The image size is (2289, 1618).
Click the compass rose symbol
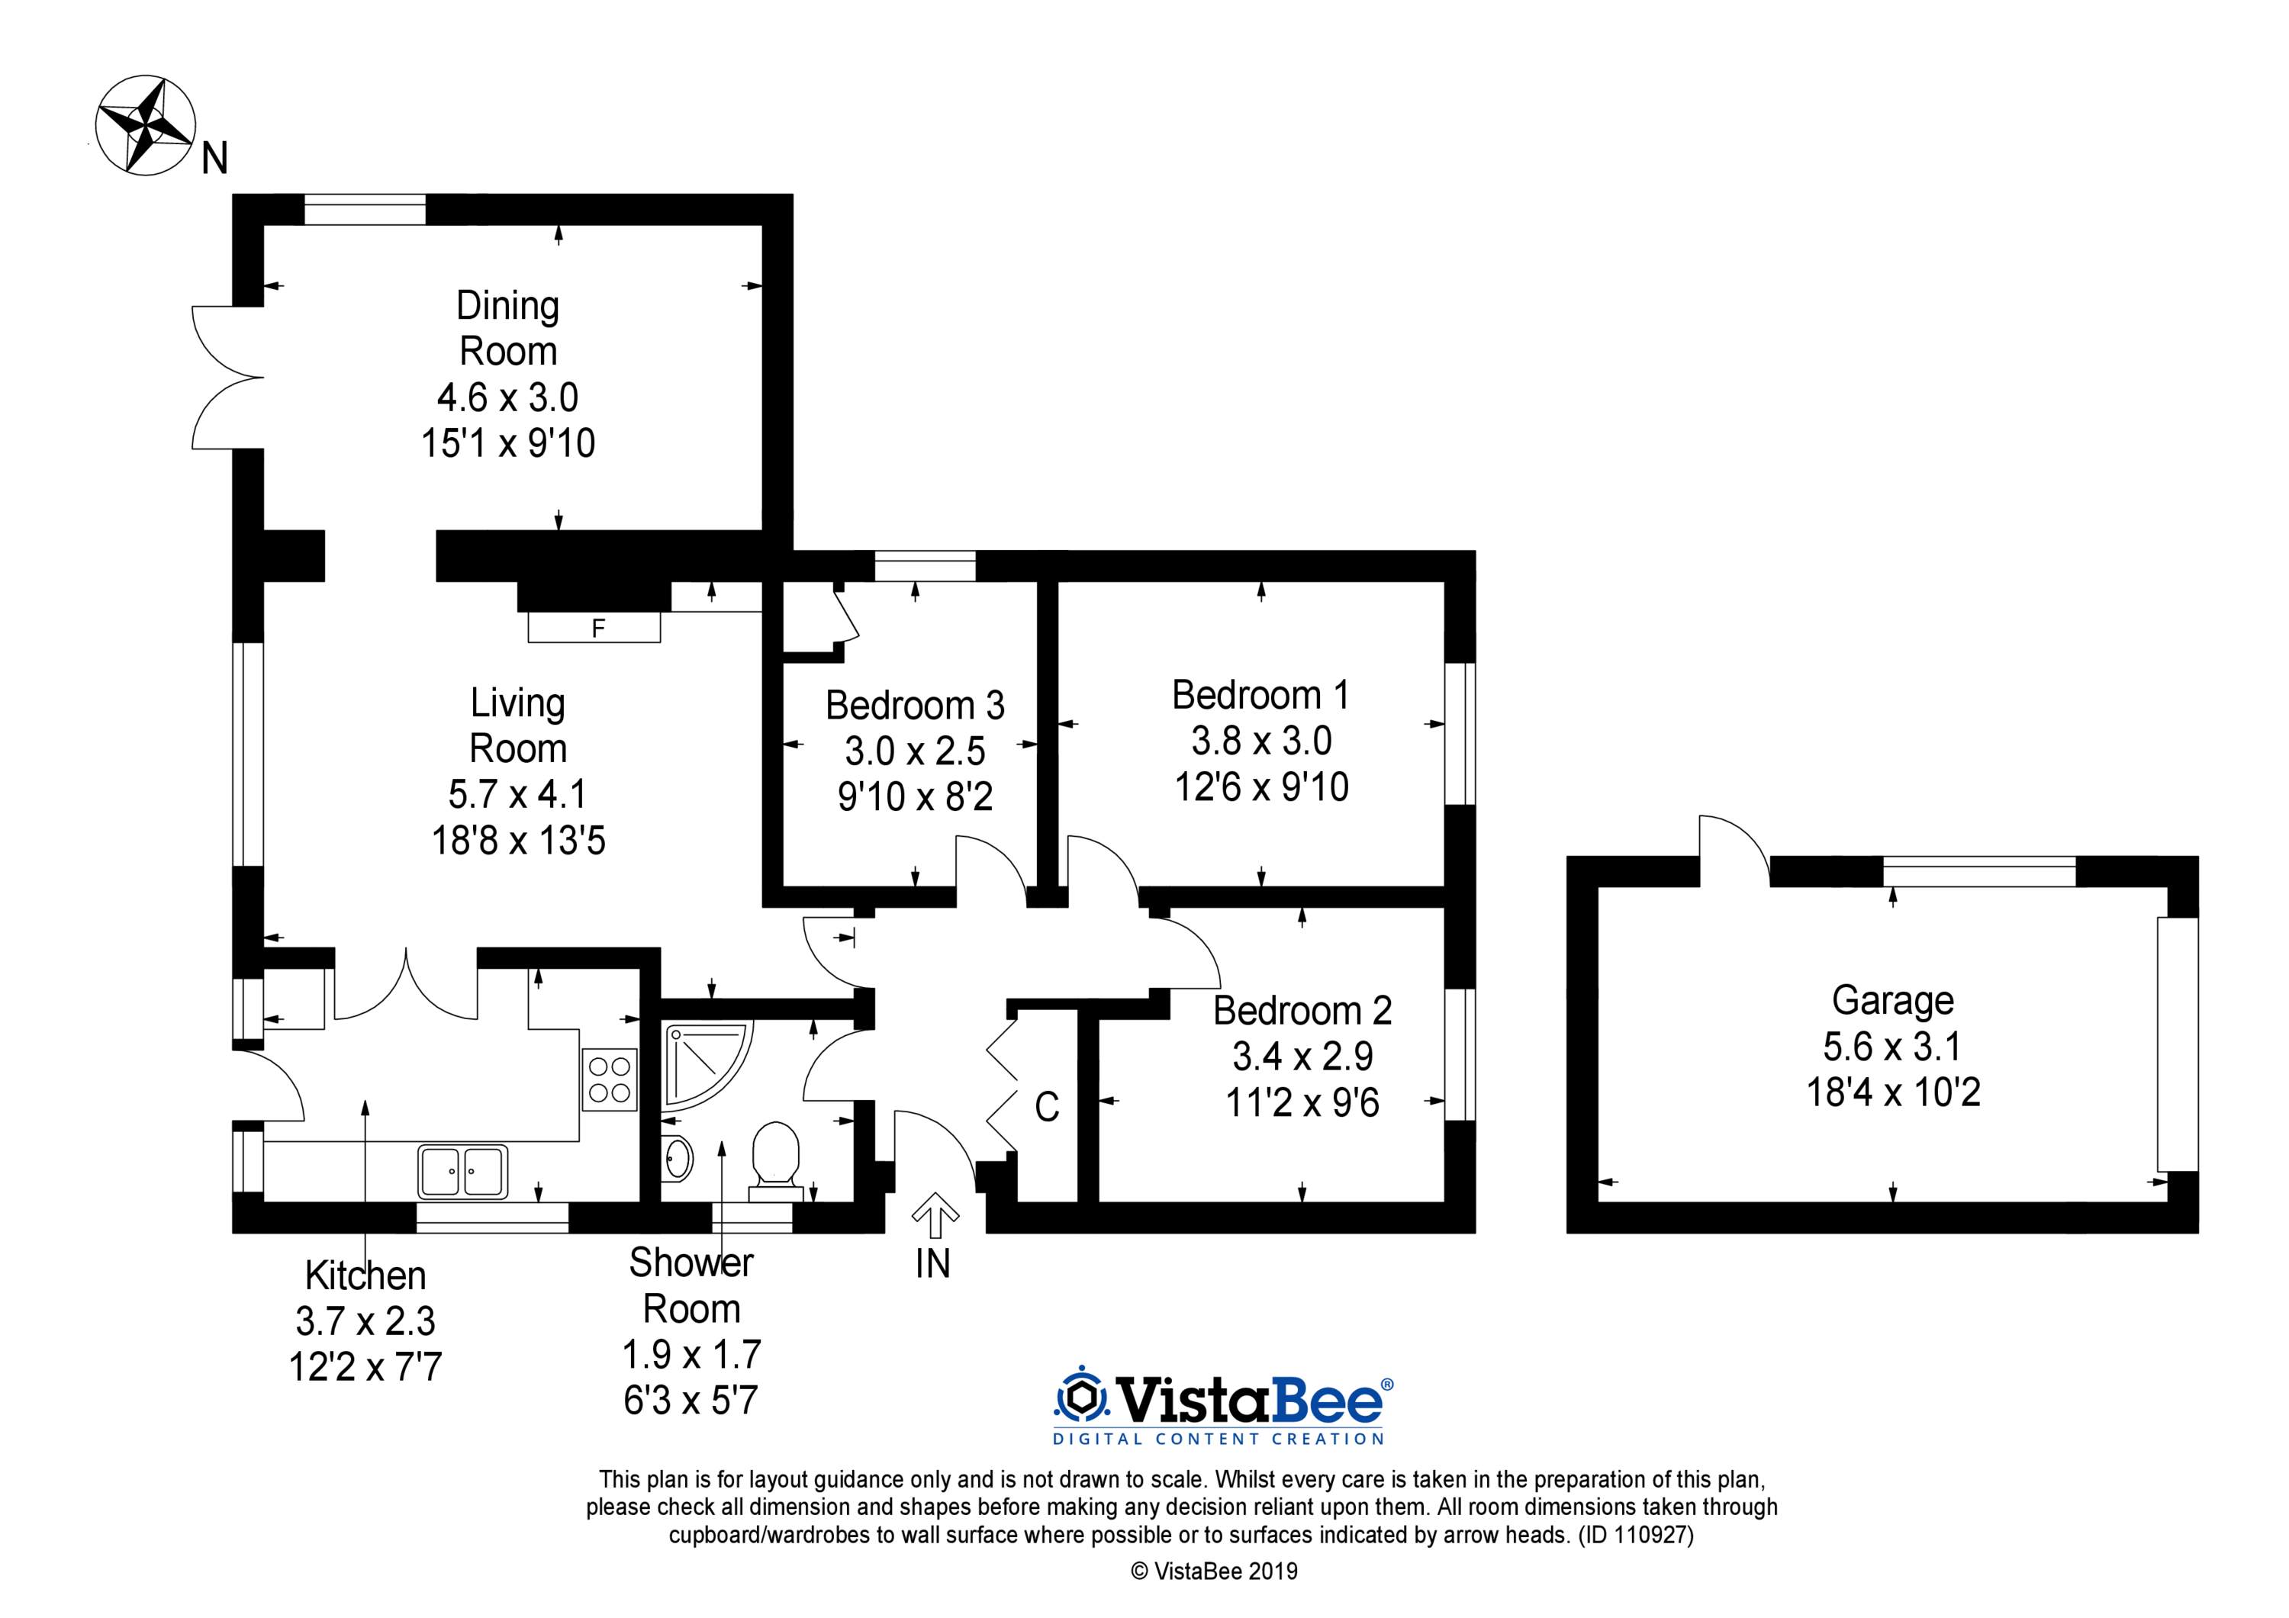144,127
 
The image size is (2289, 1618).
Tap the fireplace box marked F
594,627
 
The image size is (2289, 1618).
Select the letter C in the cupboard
1047,1107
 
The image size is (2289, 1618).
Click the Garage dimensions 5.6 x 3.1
1892,1046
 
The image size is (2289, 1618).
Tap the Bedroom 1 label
1261,695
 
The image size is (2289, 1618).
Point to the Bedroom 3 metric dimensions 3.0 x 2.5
915,751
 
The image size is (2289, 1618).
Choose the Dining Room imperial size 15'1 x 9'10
508,442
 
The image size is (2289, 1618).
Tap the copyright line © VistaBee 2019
1214,1572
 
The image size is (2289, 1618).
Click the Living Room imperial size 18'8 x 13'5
518,841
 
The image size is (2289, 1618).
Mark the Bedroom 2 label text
1302,1011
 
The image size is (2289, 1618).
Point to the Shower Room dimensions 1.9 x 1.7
692,1354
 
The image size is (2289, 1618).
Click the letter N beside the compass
214,159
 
